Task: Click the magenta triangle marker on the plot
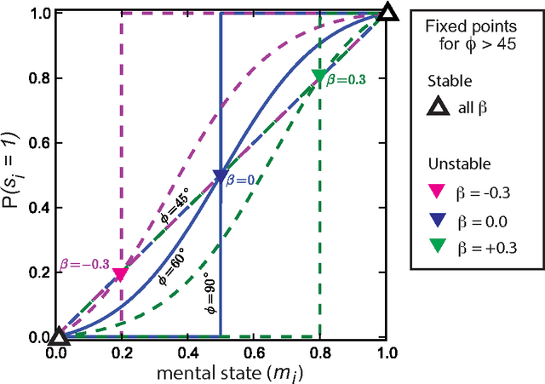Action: pos(122,274)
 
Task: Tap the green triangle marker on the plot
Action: pos(319,77)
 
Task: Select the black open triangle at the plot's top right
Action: pos(387,12)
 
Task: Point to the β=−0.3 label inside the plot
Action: pos(85,264)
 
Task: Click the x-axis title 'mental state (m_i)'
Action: pos(221,372)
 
